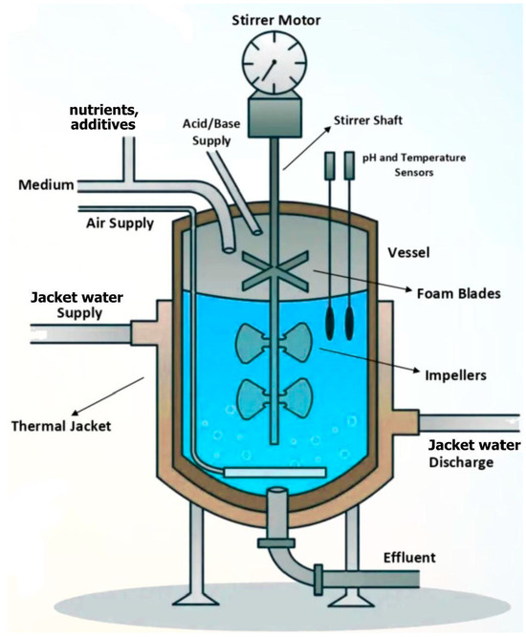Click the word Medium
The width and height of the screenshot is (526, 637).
[45, 184]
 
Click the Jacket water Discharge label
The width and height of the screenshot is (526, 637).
[473, 454]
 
